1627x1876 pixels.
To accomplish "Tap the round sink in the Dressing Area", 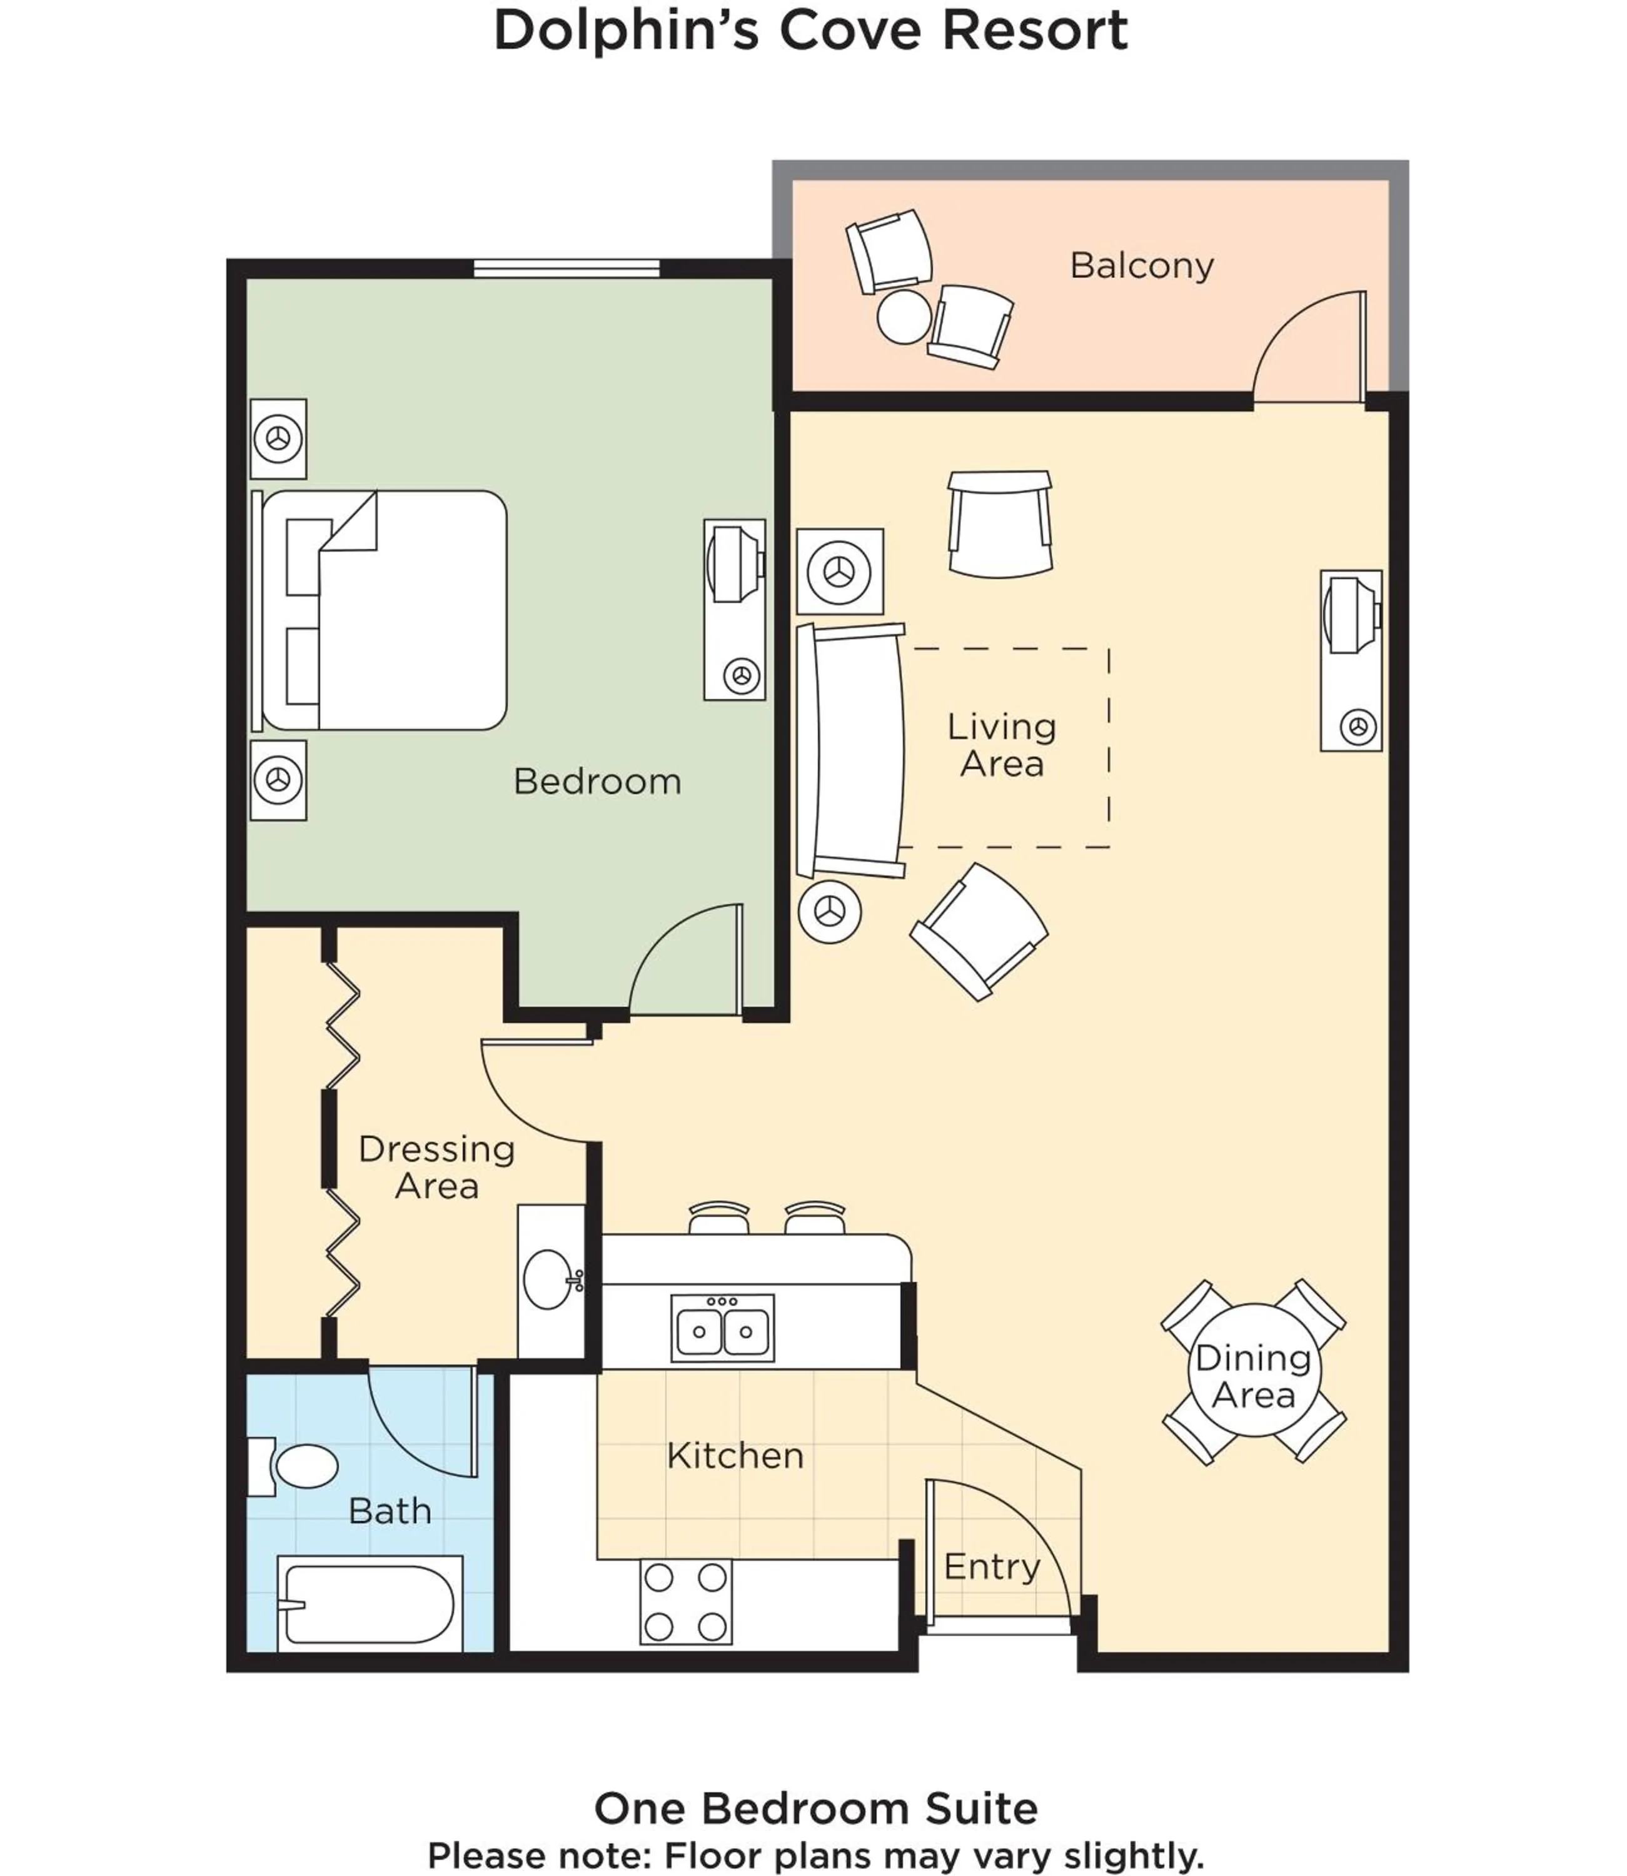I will coord(548,1279).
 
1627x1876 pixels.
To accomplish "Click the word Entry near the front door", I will coord(992,1566).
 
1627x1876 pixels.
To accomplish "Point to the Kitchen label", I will coord(735,1456).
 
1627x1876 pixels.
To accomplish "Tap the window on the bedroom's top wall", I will coord(567,268).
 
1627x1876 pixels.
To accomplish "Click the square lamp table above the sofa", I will coord(840,571).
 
